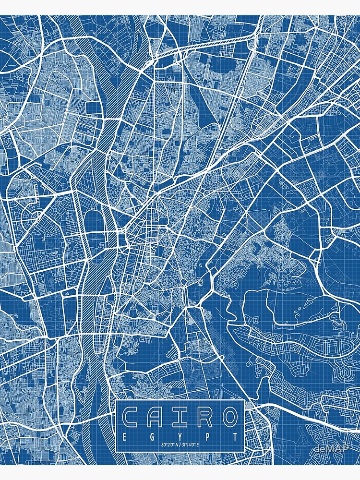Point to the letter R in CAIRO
204,418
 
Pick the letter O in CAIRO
228,418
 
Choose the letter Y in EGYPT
180,437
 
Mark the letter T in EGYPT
235,437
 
